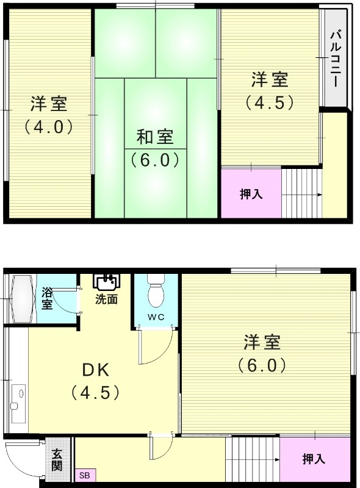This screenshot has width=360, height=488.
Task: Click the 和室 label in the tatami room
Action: click(x=154, y=136)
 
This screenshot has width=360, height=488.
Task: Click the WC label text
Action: click(x=156, y=316)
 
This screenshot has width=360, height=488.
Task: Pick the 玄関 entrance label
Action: click(x=57, y=460)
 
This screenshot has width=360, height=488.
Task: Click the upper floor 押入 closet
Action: click(x=251, y=194)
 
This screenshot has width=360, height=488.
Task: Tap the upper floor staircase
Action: click(x=302, y=192)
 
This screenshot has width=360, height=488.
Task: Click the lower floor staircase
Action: click(x=253, y=460)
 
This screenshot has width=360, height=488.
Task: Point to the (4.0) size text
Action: click(x=49, y=127)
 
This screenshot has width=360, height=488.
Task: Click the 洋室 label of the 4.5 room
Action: click(x=270, y=80)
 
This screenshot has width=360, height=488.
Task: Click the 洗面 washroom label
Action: click(x=106, y=300)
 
